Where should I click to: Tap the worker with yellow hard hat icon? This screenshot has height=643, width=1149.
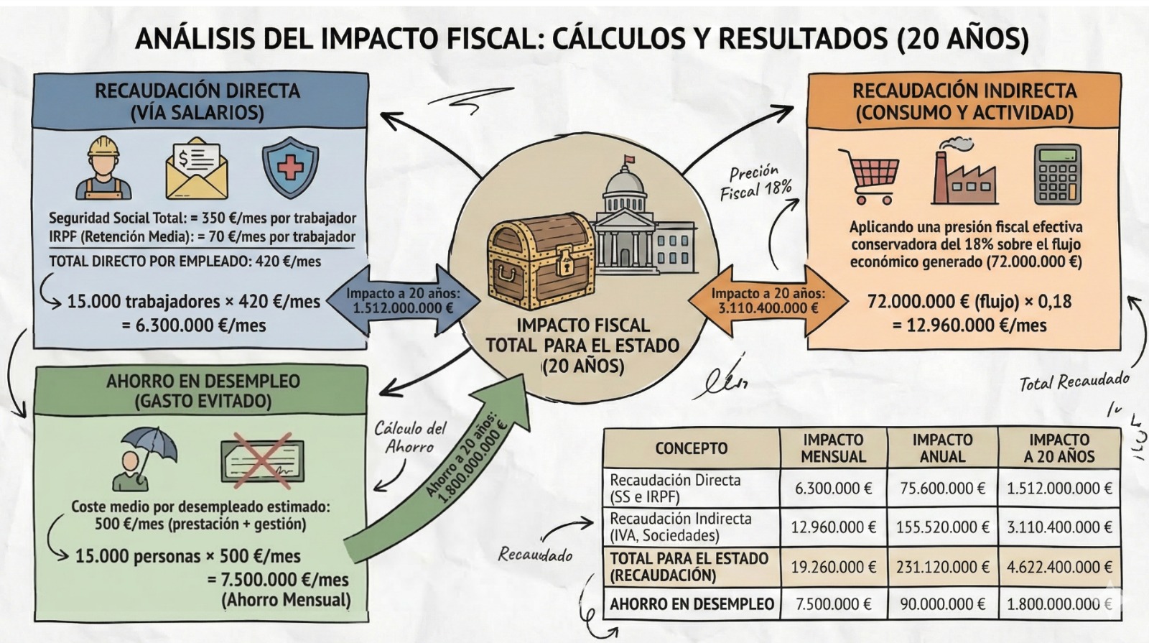[x=103, y=168]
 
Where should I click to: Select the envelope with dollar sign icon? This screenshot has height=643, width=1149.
[x=197, y=170]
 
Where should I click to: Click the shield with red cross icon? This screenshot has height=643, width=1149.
[x=290, y=168]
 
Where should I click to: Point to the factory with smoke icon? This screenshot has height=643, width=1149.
[x=963, y=172]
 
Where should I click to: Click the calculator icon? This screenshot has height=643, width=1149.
[x=1058, y=174]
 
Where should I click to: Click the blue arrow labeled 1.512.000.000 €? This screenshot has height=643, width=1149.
[x=403, y=300]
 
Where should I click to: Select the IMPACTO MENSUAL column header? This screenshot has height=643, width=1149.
[x=833, y=448]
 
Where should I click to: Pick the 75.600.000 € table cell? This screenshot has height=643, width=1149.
[x=942, y=489]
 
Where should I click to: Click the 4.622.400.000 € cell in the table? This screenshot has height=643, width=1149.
[x=1059, y=567]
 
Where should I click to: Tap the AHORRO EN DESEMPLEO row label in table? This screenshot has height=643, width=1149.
[x=691, y=604]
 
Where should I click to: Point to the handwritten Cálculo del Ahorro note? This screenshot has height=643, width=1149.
[x=410, y=438]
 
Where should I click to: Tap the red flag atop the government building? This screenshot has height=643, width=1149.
[x=629, y=159]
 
